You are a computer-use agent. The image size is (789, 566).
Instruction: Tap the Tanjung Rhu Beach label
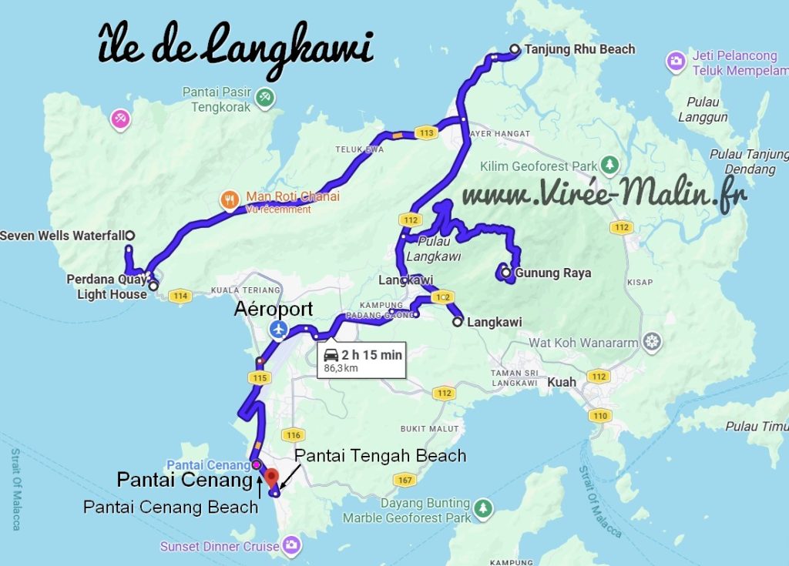tap(579, 49)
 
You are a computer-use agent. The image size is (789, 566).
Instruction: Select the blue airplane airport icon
tap(279, 330)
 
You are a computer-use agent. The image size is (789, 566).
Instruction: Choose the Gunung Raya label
tap(547, 273)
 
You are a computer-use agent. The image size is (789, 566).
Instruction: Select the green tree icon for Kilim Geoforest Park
tap(609, 166)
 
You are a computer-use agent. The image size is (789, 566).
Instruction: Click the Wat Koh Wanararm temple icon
tap(653, 340)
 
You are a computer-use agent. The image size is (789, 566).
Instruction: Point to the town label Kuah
tap(561, 382)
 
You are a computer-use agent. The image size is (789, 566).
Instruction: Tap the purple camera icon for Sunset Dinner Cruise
tap(291, 546)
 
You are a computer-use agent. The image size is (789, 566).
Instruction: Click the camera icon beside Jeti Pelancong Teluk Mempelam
tap(676, 62)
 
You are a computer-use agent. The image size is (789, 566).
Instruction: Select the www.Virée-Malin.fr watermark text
tap(605, 195)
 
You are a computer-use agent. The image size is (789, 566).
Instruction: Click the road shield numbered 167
tap(403, 481)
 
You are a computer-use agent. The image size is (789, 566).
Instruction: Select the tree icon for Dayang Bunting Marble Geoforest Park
tap(483, 508)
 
